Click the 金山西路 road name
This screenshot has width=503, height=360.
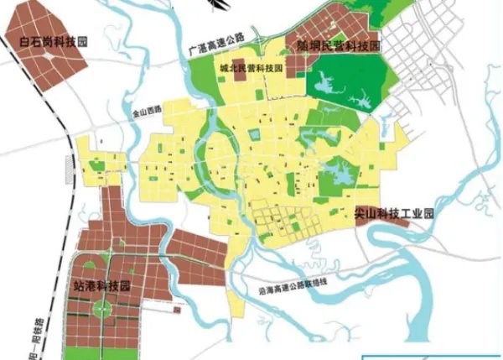click(146, 108)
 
